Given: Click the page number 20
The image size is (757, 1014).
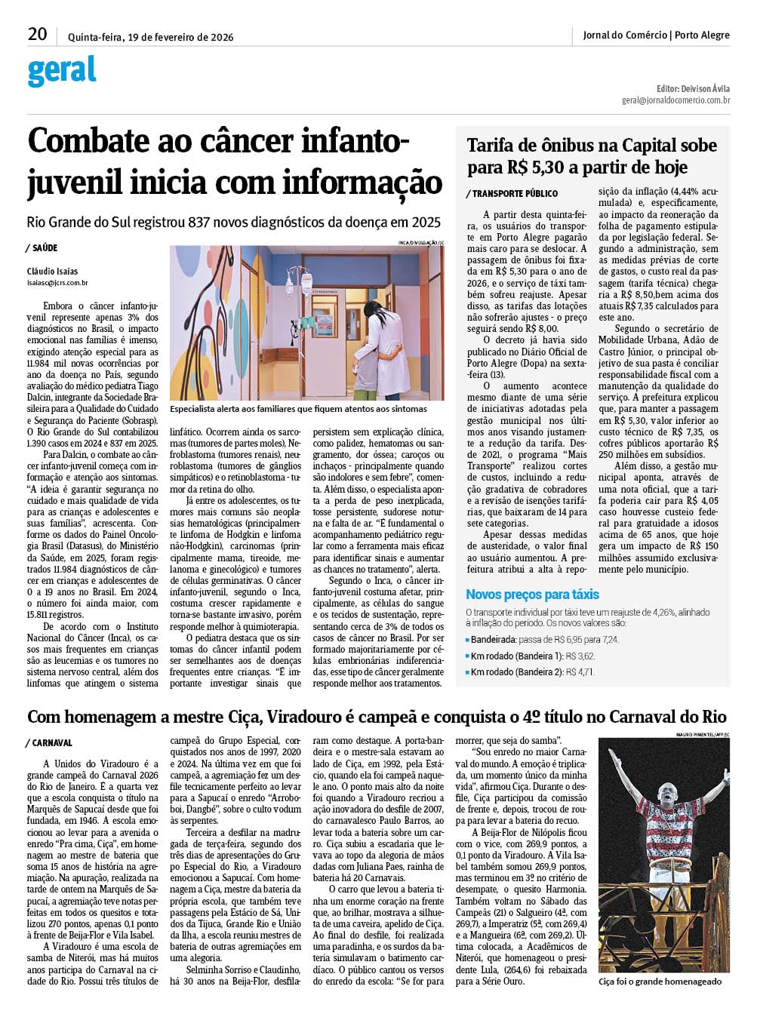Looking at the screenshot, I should point(37,34).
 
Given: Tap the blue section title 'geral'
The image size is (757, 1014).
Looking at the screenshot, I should point(62,71).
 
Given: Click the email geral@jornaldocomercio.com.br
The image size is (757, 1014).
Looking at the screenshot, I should point(675,100).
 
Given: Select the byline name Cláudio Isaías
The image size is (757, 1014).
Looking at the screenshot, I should point(52,272).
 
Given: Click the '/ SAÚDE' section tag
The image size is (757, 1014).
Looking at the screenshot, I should point(42,248).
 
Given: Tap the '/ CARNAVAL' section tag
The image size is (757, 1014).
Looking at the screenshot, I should point(50,743).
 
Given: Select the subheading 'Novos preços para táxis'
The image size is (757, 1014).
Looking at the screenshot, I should point(532,595).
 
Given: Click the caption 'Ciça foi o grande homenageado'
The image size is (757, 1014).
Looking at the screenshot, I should point(660,982).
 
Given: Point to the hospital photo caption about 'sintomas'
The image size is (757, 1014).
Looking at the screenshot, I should point(298,409).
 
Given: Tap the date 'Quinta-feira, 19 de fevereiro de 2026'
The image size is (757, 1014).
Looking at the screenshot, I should point(150,37).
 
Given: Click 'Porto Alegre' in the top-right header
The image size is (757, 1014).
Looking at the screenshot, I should point(702,35).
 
